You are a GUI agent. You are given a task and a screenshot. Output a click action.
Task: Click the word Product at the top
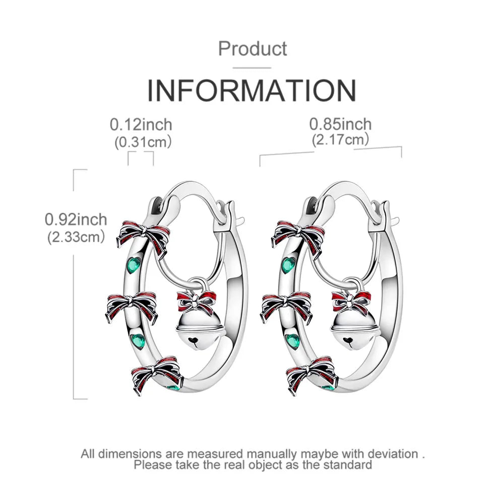pyautogui.click(x=253, y=49)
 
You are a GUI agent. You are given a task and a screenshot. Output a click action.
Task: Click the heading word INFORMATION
pyautogui.click(x=251, y=91)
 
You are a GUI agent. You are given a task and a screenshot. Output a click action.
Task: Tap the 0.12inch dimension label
pyautogui.click(x=141, y=124)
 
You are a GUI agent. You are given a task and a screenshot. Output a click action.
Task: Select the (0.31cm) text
pyautogui.click(x=143, y=142)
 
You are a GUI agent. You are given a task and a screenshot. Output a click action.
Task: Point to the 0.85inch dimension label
pyautogui.click(x=340, y=124)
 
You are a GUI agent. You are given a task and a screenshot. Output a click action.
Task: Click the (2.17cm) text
pyautogui.click(x=340, y=140)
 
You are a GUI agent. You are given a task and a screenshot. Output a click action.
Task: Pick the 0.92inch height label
pyautogui.click(x=76, y=220)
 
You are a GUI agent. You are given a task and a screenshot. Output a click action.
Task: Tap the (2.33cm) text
pyautogui.click(x=76, y=237)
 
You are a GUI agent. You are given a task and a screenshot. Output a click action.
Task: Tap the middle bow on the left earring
pyautogui.click(x=131, y=306)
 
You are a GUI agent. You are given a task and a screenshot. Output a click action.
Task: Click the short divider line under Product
pyautogui.click(x=251, y=68)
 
